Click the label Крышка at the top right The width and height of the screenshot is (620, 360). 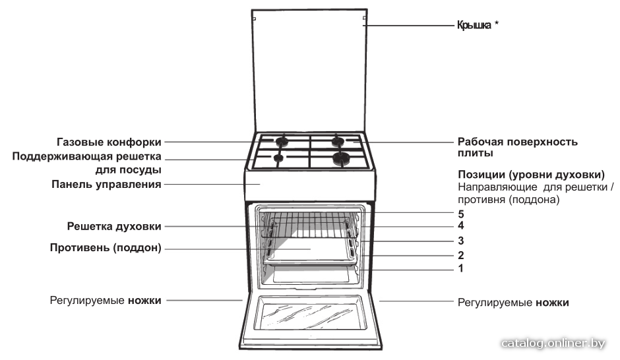[474, 25]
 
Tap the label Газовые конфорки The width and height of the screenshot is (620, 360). [109, 142]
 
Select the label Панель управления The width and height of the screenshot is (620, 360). [106, 184]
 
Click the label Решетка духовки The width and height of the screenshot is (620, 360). [114, 226]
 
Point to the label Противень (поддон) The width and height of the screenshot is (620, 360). [106, 248]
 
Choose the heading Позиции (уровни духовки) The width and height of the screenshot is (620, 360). [532, 175]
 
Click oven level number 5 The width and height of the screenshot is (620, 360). [460, 214]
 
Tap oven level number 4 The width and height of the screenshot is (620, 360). [460, 225]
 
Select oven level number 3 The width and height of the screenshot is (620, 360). [460, 240]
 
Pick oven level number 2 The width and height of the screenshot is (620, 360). [460, 255]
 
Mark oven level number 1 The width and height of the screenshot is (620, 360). [460, 268]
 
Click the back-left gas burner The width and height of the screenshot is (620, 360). [282, 141]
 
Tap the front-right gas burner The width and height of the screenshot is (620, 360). [340, 158]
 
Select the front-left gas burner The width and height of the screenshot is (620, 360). [278, 158]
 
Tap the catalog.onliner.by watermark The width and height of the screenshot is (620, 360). [553, 344]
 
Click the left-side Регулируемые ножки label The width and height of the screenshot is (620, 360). [106, 301]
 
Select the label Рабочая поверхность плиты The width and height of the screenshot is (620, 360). [518, 148]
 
